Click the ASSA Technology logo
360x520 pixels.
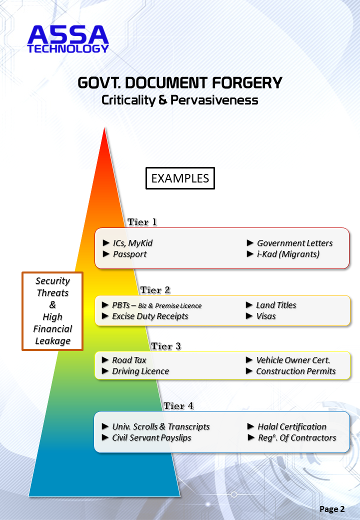[x=68, y=39]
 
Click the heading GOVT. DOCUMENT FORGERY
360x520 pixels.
[x=180, y=82]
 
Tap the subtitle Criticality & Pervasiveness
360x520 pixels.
[x=180, y=100]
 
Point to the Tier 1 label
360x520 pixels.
[x=142, y=222]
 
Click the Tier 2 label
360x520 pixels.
[x=155, y=290]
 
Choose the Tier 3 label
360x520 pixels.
[x=165, y=346]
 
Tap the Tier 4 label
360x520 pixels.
[x=178, y=406]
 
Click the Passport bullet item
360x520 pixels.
[x=129, y=254]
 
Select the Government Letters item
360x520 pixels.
[x=294, y=243]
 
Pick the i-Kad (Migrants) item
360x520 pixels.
[x=288, y=254]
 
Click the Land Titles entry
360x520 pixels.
[x=276, y=305]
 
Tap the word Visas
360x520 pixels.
[x=266, y=316]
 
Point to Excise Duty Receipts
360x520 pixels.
[x=150, y=316]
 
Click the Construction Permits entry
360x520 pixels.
[x=295, y=371]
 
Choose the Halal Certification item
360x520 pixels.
[x=291, y=426]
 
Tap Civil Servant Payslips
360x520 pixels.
[x=151, y=437]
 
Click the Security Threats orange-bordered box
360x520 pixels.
[x=52, y=311]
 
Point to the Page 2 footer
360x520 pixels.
[x=332, y=509]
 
